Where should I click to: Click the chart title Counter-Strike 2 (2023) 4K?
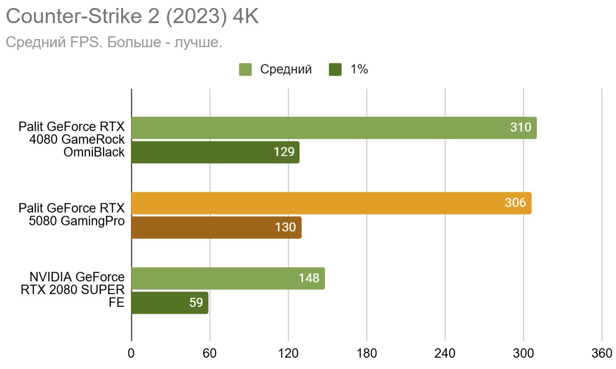[x=132, y=17]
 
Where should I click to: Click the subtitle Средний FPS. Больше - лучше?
[x=113, y=43]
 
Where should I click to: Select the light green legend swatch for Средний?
[x=246, y=70]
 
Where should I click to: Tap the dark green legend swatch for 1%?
[x=335, y=70]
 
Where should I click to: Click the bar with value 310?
[x=333, y=128]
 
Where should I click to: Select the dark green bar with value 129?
[x=215, y=152]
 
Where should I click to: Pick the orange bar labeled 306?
[x=331, y=203]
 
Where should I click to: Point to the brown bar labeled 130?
[x=216, y=227]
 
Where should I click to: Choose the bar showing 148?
[x=227, y=279]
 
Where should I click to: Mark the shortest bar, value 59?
[x=169, y=303]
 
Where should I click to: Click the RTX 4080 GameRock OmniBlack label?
[x=72, y=139]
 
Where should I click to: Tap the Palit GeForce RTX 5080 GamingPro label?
[x=72, y=215]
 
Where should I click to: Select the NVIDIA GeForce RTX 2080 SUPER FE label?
[x=72, y=289]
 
